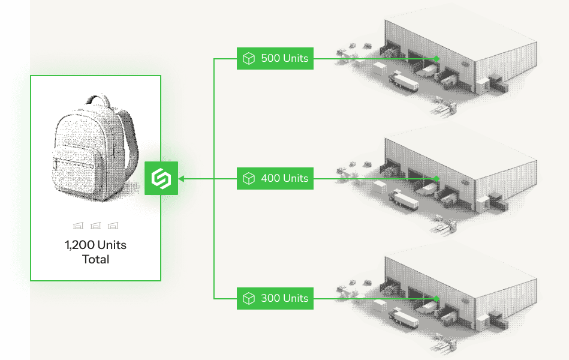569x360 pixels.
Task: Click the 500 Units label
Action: pos(275,58)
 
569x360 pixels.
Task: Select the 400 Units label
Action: pos(275,178)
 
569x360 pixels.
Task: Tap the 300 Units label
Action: pos(275,299)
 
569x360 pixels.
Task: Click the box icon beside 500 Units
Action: pos(249,58)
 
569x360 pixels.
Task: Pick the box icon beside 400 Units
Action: pos(249,178)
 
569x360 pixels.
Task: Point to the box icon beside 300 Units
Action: pos(249,299)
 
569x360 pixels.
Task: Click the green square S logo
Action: pos(161,178)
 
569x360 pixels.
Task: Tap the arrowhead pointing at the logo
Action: pos(181,179)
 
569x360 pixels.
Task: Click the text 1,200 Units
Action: pos(95,245)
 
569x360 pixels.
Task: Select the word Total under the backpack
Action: pos(95,259)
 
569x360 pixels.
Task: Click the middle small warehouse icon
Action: pos(95,226)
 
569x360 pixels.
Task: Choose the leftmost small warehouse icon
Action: pos(78,226)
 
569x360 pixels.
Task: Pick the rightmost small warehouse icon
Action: pos(113,226)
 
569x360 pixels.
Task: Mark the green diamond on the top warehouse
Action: pos(436,58)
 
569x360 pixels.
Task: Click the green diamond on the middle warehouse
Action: pos(436,179)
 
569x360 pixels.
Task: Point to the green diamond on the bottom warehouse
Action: pos(436,299)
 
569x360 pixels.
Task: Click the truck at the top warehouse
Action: pos(404,82)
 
